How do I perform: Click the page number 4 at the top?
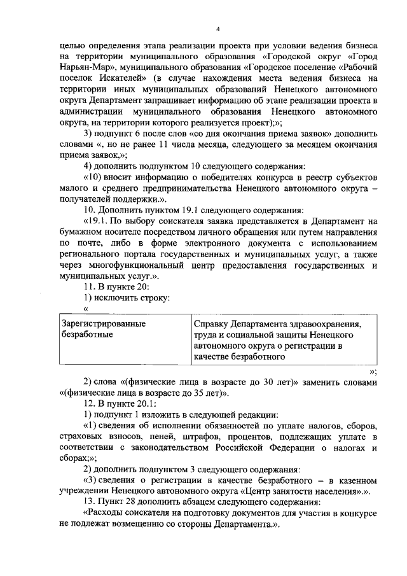click(x=218, y=29)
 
